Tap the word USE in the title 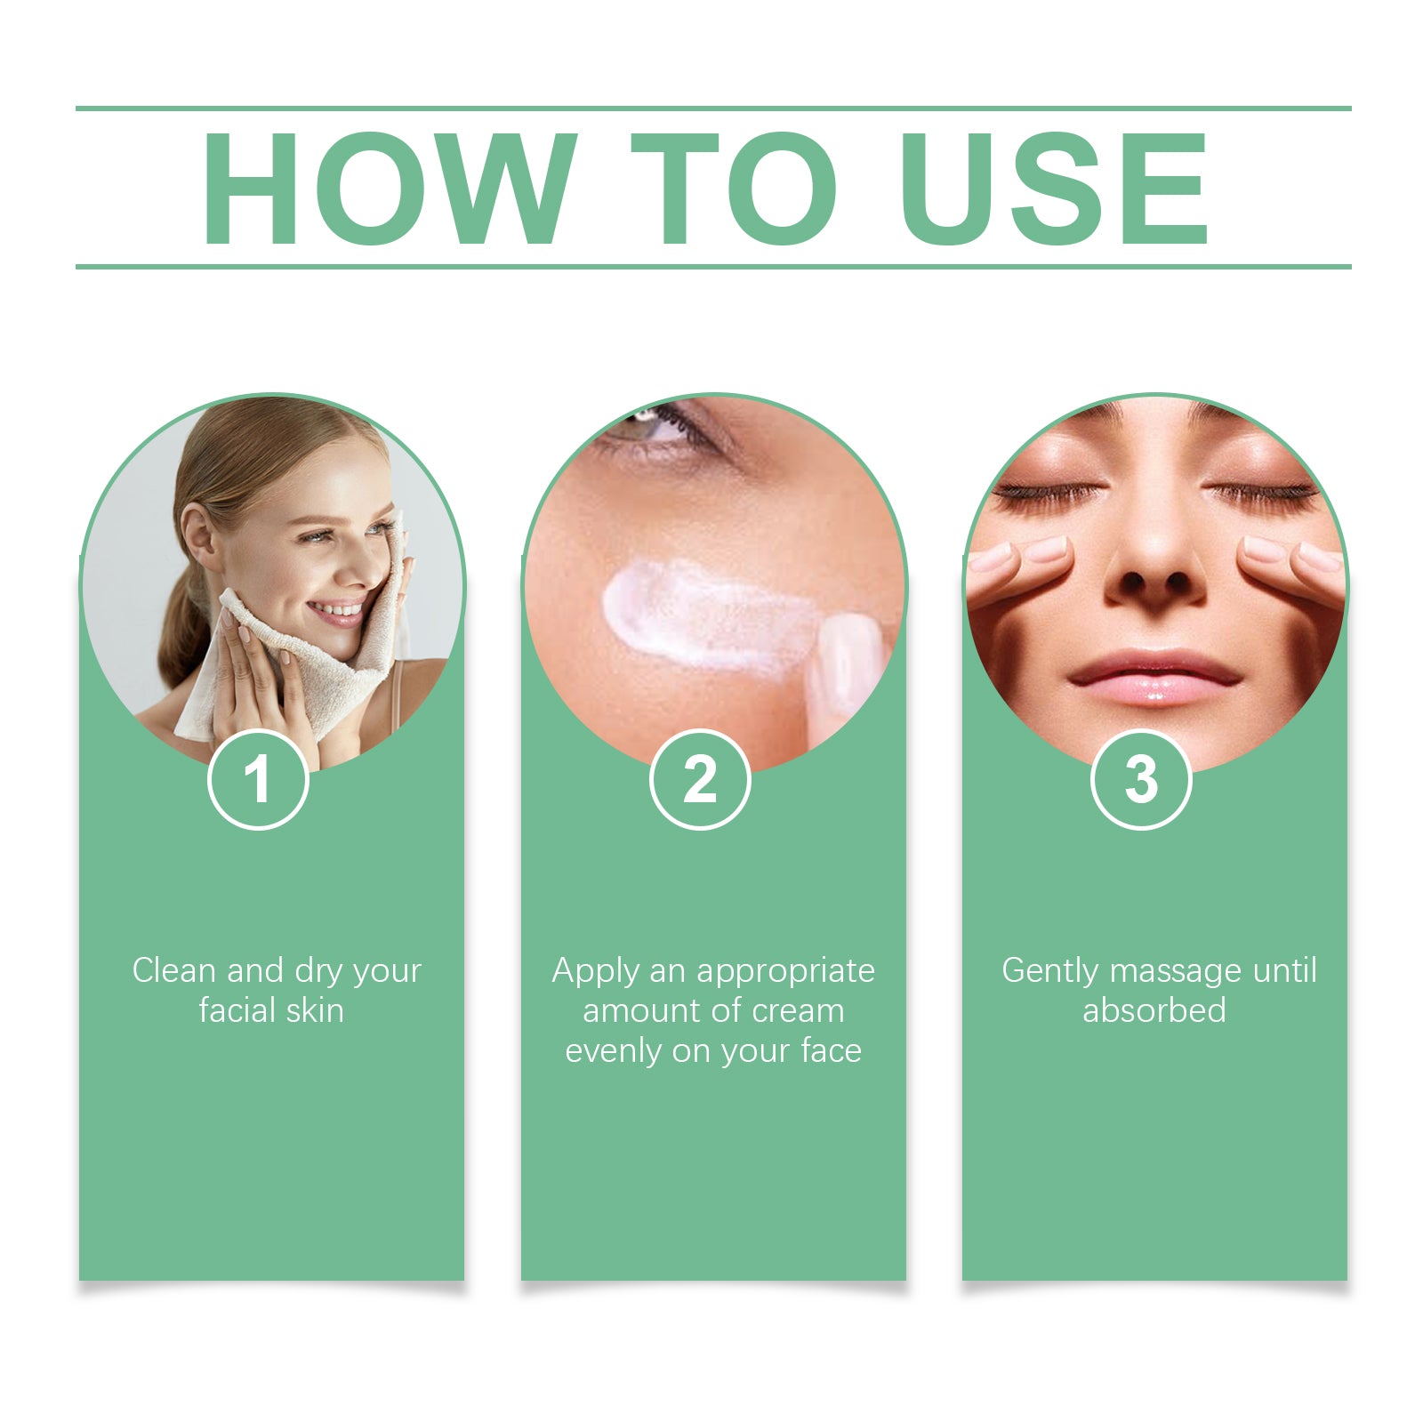click(1054, 189)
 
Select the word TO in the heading click(734, 189)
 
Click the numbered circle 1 click(258, 780)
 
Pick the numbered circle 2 click(700, 780)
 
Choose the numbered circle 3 click(1141, 780)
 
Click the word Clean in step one click(173, 970)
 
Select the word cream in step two click(798, 1011)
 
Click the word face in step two click(831, 1051)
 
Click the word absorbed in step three click(1154, 1011)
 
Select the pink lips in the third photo click(1154, 676)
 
